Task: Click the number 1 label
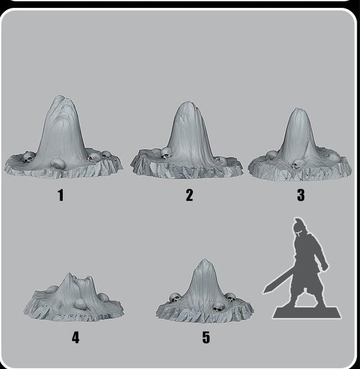(61, 195)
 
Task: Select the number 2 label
(189, 195)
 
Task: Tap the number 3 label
(301, 195)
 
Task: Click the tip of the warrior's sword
(264, 292)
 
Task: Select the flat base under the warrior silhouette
(307, 312)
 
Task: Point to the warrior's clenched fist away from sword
(324, 267)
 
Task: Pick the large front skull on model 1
(58, 164)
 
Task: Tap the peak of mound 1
(60, 96)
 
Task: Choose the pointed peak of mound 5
(205, 260)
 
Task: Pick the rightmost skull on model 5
(230, 297)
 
